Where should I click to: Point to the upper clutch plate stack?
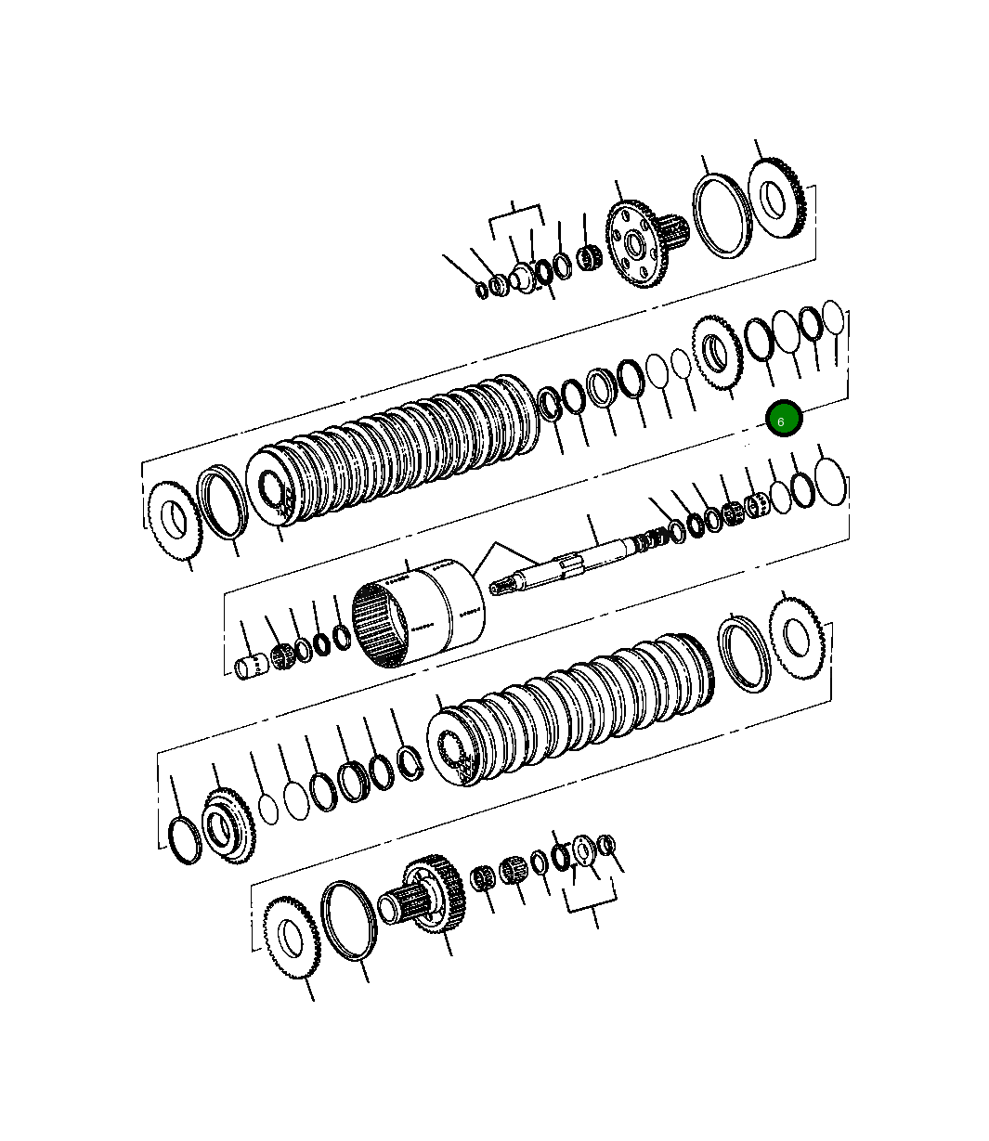click(x=392, y=449)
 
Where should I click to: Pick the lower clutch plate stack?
click(x=571, y=708)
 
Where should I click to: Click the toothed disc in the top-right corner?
click(x=776, y=198)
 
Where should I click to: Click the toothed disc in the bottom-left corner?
click(x=291, y=938)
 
